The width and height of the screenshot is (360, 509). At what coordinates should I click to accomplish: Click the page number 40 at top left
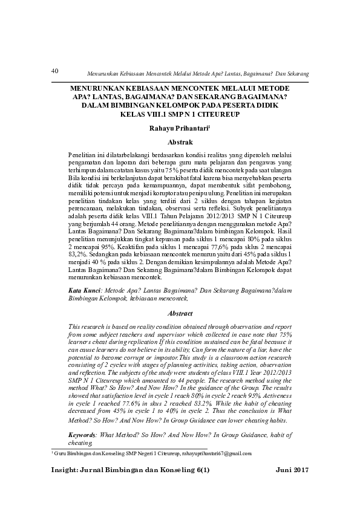[54, 70]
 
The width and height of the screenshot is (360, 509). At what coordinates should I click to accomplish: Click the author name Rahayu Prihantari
[178, 128]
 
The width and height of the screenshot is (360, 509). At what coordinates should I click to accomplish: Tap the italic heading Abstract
[180, 314]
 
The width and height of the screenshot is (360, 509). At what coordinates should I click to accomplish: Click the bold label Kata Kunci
[84, 291]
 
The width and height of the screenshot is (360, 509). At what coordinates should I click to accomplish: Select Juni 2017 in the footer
[292, 470]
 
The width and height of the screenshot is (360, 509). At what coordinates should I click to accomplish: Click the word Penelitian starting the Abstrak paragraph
[83, 155]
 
